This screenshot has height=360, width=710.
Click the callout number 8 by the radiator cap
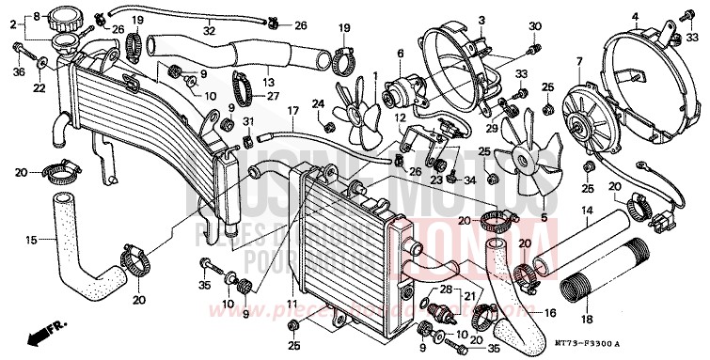[x=39, y=17]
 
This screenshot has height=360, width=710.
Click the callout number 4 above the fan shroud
[x=635, y=15]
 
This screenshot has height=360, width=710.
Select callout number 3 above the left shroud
[x=481, y=20]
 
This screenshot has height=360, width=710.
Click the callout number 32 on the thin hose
[x=209, y=31]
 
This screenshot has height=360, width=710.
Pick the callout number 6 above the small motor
[x=399, y=55]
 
